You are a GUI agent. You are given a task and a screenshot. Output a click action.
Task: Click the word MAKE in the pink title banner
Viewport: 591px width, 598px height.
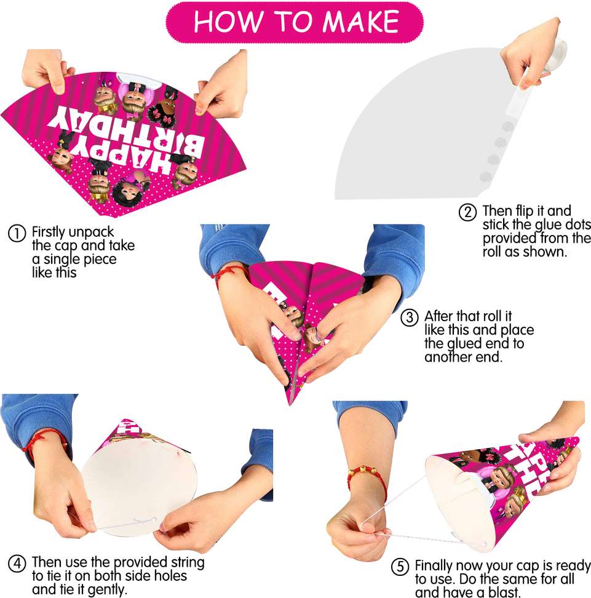[x=360, y=22]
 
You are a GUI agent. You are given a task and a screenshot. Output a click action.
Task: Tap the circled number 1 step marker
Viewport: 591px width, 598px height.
[x=17, y=233]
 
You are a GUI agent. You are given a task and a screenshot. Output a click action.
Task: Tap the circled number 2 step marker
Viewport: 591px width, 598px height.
[x=467, y=212]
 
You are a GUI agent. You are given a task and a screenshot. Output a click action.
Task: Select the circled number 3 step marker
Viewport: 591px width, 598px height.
[x=410, y=317]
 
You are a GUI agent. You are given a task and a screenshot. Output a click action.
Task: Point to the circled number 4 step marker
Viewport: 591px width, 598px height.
[x=17, y=564]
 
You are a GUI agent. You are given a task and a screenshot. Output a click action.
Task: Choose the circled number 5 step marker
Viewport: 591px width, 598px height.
[x=400, y=567]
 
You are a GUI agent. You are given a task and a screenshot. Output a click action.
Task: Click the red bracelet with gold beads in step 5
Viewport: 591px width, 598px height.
[x=367, y=477]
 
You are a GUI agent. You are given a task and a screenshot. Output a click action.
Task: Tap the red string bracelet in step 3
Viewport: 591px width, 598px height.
[x=229, y=274]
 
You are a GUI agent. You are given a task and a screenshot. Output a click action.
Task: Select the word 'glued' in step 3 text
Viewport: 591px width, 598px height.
[x=465, y=344]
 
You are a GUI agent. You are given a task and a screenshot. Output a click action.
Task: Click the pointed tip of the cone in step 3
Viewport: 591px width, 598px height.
[x=290, y=404]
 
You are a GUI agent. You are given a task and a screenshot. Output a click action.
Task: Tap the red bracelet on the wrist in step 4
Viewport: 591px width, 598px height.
[x=45, y=442]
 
